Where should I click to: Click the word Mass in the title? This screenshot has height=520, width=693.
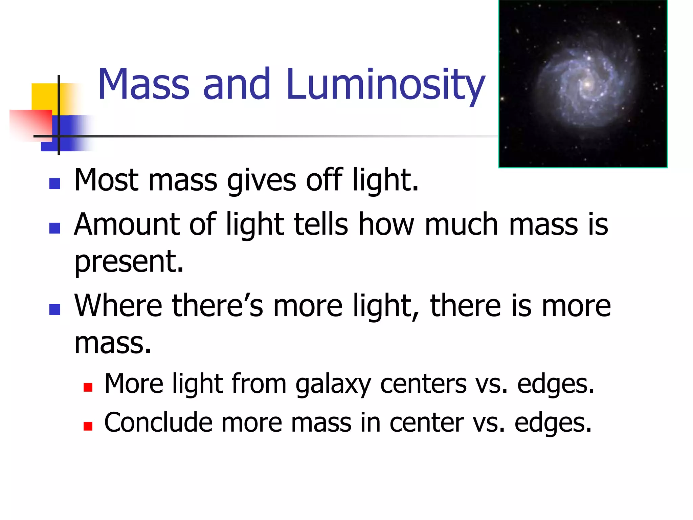click(x=143, y=85)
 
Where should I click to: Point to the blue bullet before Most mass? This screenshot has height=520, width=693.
click(x=55, y=184)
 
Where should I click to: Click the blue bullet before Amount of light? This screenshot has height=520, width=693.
click(x=55, y=228)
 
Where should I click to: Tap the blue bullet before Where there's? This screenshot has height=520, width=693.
click(x=55, y=309)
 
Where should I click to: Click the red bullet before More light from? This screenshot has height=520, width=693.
click(x=88, y=387)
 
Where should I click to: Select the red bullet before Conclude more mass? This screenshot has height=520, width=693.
click(x=88, y=426)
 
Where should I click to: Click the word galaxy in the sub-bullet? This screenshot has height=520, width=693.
click(x=333, y=384)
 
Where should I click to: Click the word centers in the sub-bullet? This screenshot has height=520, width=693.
click(x=423, y=384)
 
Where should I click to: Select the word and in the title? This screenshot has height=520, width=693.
click(x=237, y=85)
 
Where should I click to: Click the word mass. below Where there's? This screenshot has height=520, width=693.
click(x=112, y=343)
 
